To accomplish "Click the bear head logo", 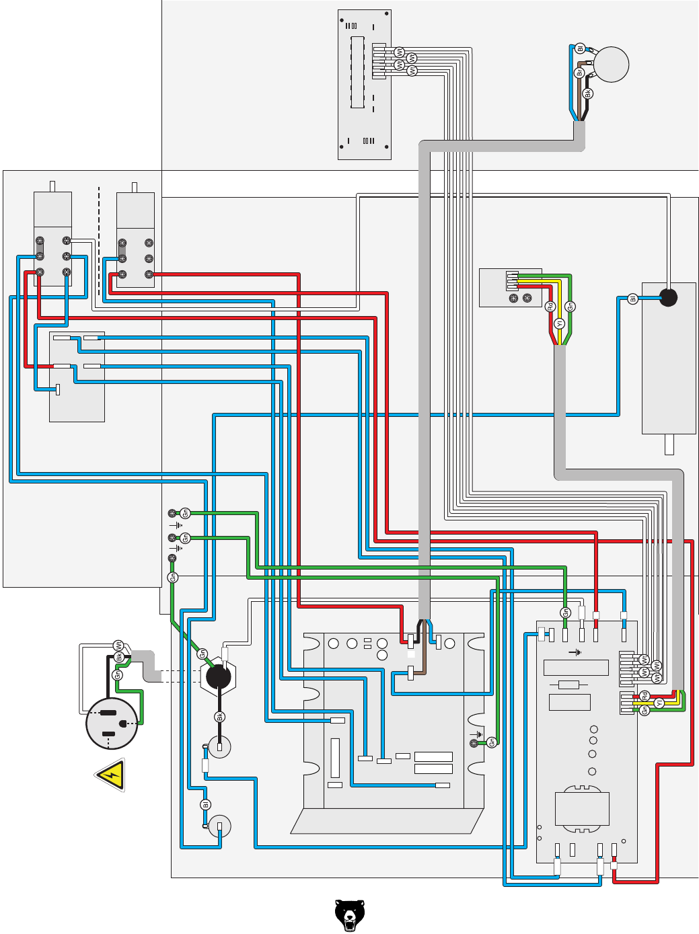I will tap(349, 915).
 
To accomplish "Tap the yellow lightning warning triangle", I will tap(111, 775).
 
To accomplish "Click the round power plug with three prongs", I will tap(112, 724).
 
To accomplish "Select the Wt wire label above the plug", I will tap(118, 646).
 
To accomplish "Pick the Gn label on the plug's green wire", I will tap(117, 674).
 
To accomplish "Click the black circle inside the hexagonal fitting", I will tap(218, 676).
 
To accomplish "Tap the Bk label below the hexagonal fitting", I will tap(219, 717).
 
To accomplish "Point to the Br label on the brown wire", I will tap(579, 73).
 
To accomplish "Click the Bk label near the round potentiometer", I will tap(587, 93).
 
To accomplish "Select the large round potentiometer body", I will tap(611, 65).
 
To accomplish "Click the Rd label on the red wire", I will tap(550, 307).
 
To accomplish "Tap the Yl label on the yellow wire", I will tap(559, 323).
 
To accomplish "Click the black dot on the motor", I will tap(668, 297).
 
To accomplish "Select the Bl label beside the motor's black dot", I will tap(632, 299).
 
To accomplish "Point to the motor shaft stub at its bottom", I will tap(669, 444).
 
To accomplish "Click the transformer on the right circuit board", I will tap(582, 807).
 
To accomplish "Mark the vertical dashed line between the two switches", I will tap(99, 242).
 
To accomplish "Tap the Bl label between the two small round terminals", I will tap(206, 805).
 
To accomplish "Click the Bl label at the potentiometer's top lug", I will tap(580, 48).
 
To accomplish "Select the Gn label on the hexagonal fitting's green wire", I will tap(202, 654).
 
